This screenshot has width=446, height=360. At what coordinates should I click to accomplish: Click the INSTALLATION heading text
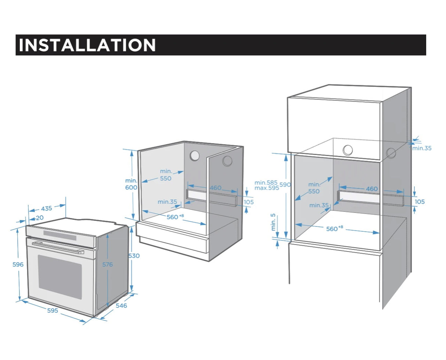87,45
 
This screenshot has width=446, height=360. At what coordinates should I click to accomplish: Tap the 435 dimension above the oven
46,208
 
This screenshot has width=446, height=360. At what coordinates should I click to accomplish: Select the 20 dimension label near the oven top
39,218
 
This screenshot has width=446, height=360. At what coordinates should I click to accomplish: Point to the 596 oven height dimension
18,264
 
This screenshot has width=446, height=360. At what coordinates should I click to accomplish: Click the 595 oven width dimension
53,310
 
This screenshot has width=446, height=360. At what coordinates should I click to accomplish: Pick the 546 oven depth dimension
121,305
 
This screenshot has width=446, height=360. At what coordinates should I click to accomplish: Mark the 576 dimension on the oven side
107,264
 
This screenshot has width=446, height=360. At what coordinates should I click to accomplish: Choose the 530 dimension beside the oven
134,256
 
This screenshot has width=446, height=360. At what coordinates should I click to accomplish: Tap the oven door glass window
60,276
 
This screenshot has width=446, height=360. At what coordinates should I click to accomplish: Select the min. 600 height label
131,184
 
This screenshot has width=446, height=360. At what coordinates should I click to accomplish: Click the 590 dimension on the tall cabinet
285,185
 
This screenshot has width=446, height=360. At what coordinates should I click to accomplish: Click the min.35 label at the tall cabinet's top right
422,148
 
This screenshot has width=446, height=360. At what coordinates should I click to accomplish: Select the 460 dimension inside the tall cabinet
371,189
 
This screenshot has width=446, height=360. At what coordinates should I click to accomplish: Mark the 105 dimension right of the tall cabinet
420,202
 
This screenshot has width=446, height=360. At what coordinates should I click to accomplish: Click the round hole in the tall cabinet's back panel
348,150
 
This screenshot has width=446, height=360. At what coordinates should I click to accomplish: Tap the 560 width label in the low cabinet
173,217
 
